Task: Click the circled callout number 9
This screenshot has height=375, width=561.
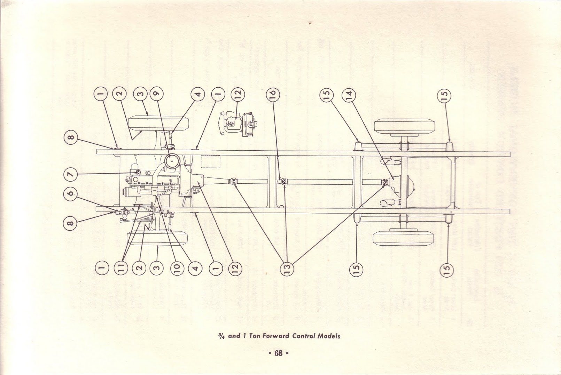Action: pyautogui.click(x=156, y=94)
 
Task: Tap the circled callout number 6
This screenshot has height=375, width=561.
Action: pyautogui.click(x=71, y=193)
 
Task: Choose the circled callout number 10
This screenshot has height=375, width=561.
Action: pyautogui.click(x=177, y=269)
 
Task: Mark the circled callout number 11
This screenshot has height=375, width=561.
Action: pyautogui.click(x=121, y=269)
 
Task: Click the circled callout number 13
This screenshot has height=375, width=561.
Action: pyautogui.click(x=287, y=269)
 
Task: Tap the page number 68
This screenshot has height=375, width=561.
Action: pyautogui.click(x=279, y=353)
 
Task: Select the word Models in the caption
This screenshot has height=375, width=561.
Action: pyautogui.click(x=329, y=336)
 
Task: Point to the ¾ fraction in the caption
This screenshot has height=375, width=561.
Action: pyautogui.click(x=221, y=336)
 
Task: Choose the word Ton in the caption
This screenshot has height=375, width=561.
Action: pyautogui.click(x=254, y=336)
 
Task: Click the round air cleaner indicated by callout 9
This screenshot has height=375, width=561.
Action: pyautogui.click(x=172, y=161)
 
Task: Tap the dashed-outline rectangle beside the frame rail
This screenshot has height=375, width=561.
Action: pyautogui.click(x=211, y=161)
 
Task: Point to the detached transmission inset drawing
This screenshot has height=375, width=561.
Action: pyautogui.click(x=239, y=124)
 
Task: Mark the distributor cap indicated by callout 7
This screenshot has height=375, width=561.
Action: pyautogui.click(x=137, y=172)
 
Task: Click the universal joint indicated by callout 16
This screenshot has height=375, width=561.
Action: pyautogui.click(x=283, y=182)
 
